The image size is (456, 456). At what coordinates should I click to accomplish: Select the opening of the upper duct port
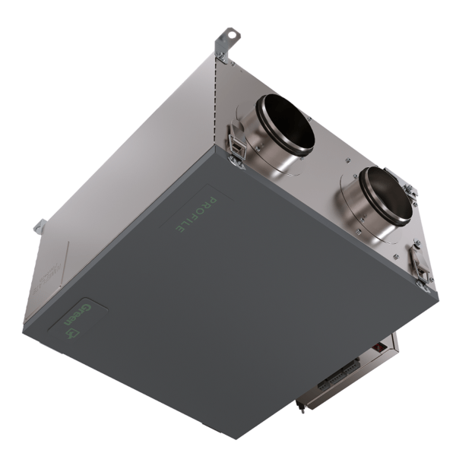tap(287, 125)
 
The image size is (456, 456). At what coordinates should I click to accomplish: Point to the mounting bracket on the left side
tap(40, 228)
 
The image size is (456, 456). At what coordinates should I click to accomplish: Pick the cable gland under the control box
tap(302, 406)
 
